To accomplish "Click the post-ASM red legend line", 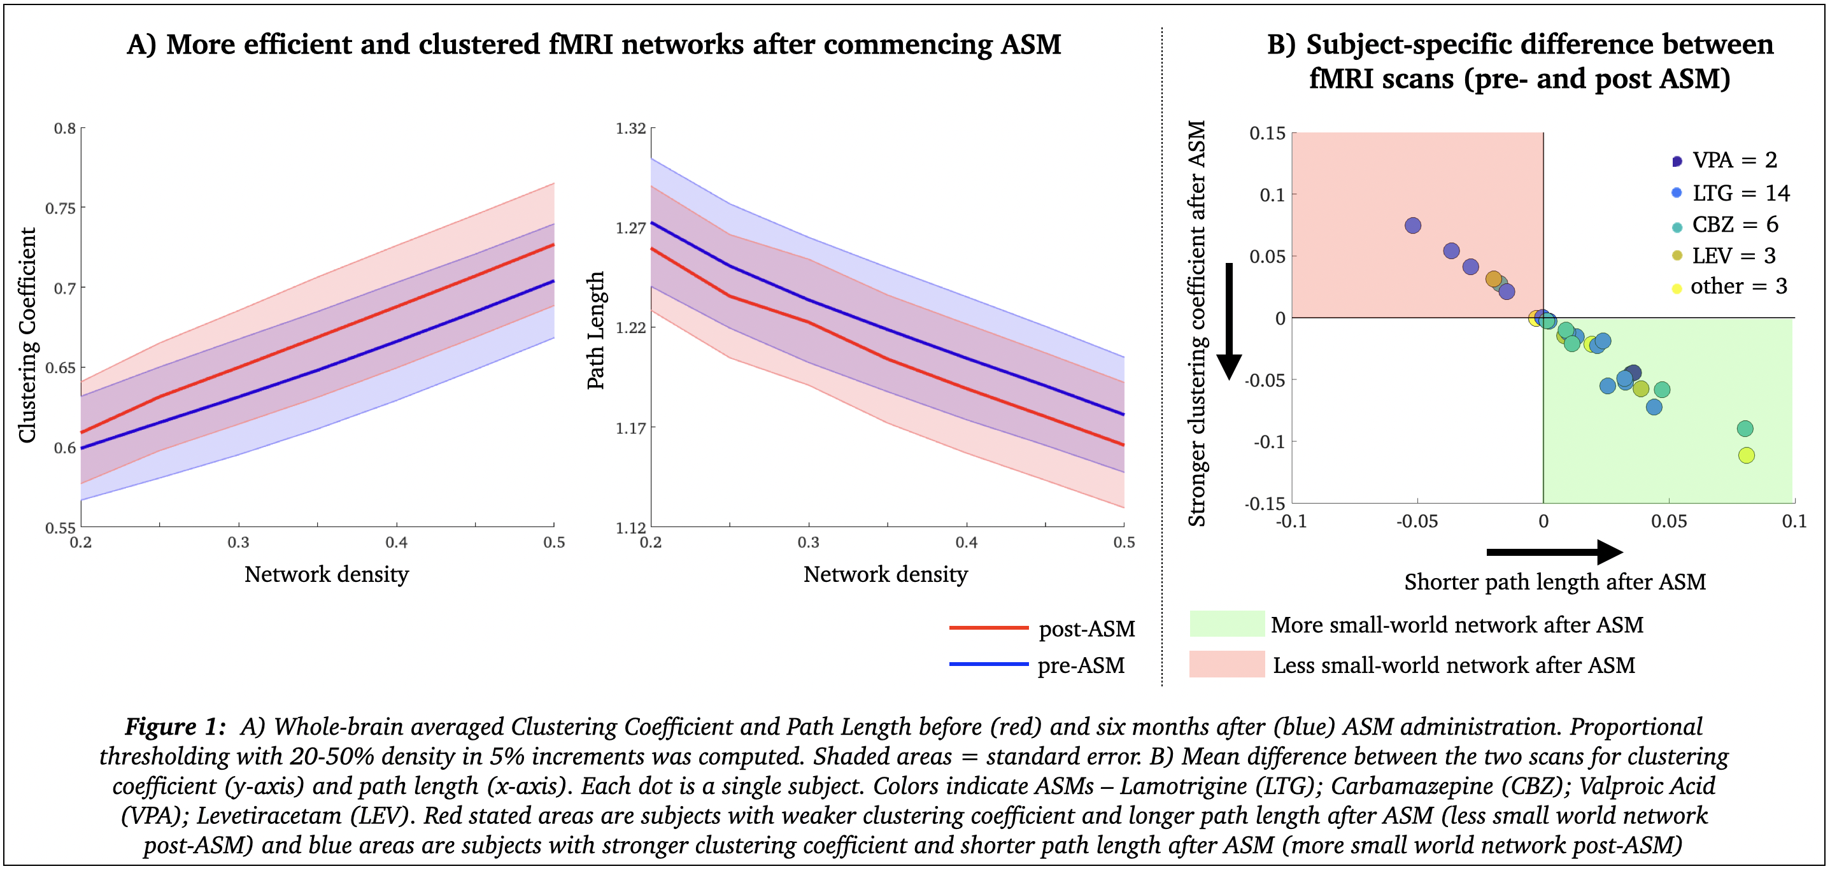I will click(x=988, y=628).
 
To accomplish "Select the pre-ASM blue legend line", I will click(x=988, y=664).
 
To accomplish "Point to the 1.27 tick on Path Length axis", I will click(x=630, y=228).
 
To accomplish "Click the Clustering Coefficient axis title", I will click(x=27, y=336).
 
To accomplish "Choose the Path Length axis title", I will click(x=595, y=330).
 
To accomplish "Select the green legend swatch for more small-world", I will click(x=1227, y=624).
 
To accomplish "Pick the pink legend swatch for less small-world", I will click(x=1227, y=664).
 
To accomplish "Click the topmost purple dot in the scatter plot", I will click(x=1413, y=225).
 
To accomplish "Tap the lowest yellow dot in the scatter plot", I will click(x=1746, y=455).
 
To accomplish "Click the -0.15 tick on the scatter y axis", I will click(x=1265, y=504).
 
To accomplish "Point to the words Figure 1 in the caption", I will click(x=174, y=726).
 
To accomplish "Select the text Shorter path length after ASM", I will click(x=1554, y=582).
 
